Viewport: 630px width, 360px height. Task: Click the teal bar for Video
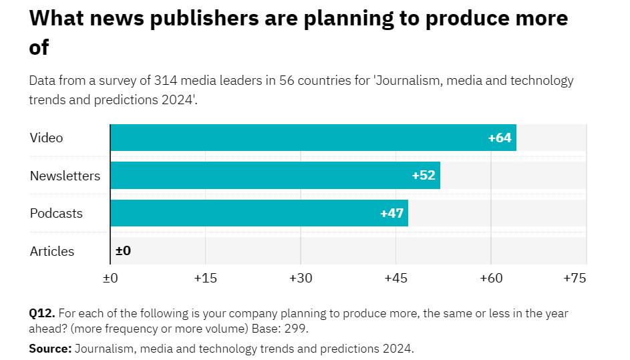[313, 138]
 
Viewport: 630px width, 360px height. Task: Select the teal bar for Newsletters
[275, 176]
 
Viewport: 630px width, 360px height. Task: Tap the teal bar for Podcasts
[259, 213]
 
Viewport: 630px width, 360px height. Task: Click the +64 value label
[499, 138]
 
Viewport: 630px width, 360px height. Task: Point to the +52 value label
[424, 176]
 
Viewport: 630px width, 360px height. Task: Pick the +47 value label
[391, 214]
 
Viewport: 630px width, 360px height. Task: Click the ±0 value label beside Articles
[123, 251]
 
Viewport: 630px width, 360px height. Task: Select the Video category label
[46, 138]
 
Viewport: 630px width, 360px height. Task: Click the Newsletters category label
[65, 176]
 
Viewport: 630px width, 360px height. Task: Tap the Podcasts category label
[56, 214]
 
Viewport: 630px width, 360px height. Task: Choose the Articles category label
[52, 251]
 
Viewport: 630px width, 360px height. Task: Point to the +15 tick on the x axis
[205, 278]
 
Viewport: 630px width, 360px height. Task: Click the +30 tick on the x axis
[301, 278]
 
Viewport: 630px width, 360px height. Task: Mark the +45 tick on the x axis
[396, 278]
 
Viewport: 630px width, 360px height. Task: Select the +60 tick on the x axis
[491, 278]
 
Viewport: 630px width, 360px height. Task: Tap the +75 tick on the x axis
[575, 278]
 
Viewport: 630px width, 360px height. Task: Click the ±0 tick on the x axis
[110, 278]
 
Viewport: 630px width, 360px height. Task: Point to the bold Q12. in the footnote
[42, 313]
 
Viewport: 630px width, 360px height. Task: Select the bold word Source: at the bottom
[50, 348]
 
